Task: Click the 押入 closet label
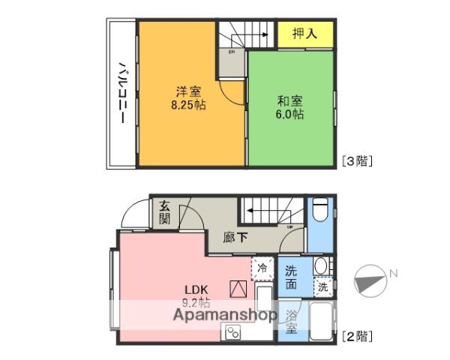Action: (x=303, y=34)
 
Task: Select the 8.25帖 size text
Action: (x=188, y=106)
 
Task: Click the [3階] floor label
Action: (x=357, y=160)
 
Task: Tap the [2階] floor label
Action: (x=357, y=336)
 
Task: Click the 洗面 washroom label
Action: (x=291, y=277)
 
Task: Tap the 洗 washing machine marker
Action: (x=322, y=286)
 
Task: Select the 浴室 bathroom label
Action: (x=291, y=322)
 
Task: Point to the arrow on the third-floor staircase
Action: (x=256, y=34)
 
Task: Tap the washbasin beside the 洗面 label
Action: (x=320, y=265)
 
